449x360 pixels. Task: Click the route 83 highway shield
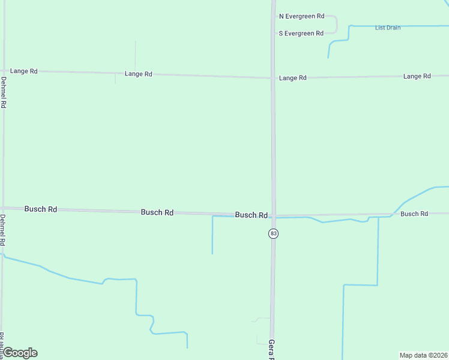click(x=273, y=233)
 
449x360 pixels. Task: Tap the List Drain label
click(x=387, y=28)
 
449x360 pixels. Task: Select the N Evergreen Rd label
click(x=301, y=16)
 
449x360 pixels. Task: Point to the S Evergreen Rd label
click(x=301, y=34)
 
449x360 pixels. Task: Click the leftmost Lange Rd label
click(x=24, y=71)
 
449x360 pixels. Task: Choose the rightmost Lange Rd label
click(x=417, y=76)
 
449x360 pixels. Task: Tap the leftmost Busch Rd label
click(x=41, y=209)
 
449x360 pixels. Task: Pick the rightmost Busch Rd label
click(x=414, y=214)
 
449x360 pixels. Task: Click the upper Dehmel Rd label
click(x=4, y=92)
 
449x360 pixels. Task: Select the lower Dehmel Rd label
click(x=3, y=230)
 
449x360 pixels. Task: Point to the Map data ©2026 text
click(x=423, y=355)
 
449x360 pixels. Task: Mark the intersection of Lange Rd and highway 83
click(x=273, y=77)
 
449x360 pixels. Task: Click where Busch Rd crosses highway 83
click(x=273, y=215)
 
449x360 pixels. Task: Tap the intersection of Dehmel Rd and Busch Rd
click(x=3, y=208)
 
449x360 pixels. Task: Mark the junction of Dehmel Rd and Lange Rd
click(x=4, y=71)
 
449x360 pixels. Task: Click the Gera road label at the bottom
click(x=271, y=349)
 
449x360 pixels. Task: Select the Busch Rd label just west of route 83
click(x=251, y=215)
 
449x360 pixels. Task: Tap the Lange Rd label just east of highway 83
click(x=293, y=78)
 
